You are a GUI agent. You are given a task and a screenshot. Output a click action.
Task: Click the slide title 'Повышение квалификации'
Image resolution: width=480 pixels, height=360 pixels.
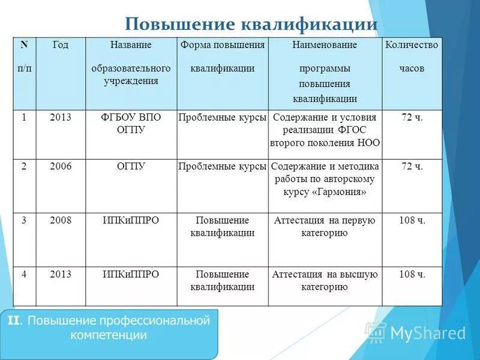(251, 25)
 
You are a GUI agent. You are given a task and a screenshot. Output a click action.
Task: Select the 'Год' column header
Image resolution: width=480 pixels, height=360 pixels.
(61, 45)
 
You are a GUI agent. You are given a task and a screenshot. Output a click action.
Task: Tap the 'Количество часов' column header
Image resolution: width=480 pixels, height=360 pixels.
(412, 56)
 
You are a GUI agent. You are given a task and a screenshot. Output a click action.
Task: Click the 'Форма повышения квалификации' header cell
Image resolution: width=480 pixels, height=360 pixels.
(223, 56)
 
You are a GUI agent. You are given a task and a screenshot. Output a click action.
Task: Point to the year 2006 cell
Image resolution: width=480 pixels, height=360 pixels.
(61, 167)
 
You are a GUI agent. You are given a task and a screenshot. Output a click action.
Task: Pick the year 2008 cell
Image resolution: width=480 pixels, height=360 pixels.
(61, 221)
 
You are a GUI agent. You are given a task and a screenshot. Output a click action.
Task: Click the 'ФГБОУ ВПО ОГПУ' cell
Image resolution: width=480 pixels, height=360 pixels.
(131, 124)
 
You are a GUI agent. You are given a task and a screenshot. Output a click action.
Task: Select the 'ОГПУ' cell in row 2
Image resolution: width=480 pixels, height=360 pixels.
(131, 167)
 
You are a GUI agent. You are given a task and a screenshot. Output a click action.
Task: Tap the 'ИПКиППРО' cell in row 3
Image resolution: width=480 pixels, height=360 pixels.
(131, 221)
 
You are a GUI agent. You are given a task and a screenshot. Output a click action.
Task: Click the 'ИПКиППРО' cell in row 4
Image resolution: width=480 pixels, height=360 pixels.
(131, 275)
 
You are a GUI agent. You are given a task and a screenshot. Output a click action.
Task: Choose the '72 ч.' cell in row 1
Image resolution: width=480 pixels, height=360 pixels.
(412, 118)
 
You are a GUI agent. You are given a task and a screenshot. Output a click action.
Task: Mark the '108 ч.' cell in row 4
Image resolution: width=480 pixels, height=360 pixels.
(412, 275)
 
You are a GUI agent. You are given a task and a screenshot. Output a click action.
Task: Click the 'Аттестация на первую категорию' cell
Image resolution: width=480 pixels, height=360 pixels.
(325, 227)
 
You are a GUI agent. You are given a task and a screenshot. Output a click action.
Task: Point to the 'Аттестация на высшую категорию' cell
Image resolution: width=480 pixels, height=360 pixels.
(325, 281)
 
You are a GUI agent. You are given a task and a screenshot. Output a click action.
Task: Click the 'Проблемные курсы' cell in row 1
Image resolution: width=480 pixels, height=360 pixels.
(223, 118)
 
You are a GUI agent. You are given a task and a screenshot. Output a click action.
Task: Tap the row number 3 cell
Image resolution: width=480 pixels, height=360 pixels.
(24, 221)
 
